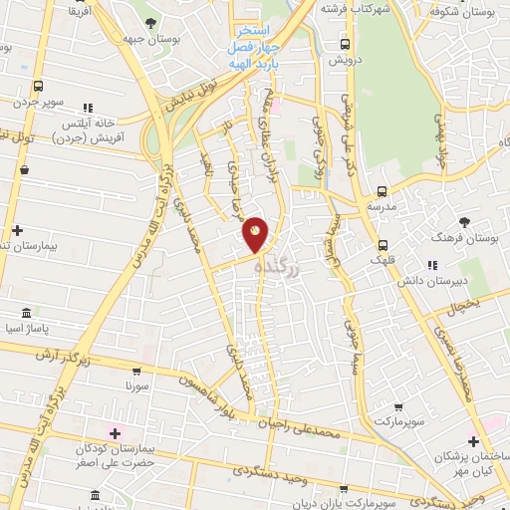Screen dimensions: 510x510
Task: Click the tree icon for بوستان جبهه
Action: coord(149,22)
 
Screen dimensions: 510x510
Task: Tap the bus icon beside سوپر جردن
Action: coord(38,86)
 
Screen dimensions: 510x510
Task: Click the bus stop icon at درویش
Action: coord(345,44)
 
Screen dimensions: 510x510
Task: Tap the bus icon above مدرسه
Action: coord(382,191)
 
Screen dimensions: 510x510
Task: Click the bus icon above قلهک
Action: coord(382,244)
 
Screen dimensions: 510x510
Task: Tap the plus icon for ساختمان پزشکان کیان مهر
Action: coord(472,441)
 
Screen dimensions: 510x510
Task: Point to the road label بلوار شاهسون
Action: coord(210,391)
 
